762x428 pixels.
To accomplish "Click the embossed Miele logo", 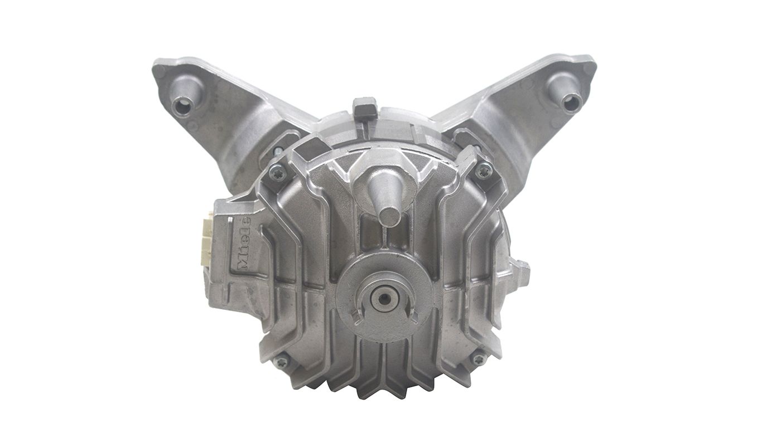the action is (x=245, y=244).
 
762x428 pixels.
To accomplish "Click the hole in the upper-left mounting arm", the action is (x=180, y=102).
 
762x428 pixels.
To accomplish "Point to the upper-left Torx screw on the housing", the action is (x=276, y=172).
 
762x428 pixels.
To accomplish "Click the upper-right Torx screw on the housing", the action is (x=483, y=171).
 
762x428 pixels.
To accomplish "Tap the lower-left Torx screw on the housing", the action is (x=281, y=361).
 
